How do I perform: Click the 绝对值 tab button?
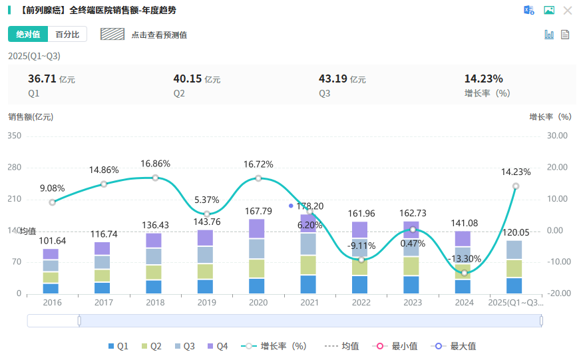click(28, 35)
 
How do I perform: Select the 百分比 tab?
click(67, 35)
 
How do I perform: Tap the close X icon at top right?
click(568, 10)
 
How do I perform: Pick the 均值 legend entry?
click(342, 346)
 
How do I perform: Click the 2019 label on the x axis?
click(206, 302)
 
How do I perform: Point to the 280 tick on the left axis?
click(14, 168)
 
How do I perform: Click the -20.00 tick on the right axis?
click(556, 293)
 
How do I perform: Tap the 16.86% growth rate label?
click(155, 164)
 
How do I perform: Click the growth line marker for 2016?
click(53, 202)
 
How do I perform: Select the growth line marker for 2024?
click(465, 273)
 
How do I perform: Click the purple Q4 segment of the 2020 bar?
click(258, 228)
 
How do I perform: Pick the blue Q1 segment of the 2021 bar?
click(309, 284)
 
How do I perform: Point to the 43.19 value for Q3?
click(333, 79)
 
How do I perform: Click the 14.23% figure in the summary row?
click(483, 79)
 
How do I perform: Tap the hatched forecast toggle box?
click(112, 34)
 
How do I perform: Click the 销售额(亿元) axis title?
click(31, 117)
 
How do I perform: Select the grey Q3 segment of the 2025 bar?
click(516, 250)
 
